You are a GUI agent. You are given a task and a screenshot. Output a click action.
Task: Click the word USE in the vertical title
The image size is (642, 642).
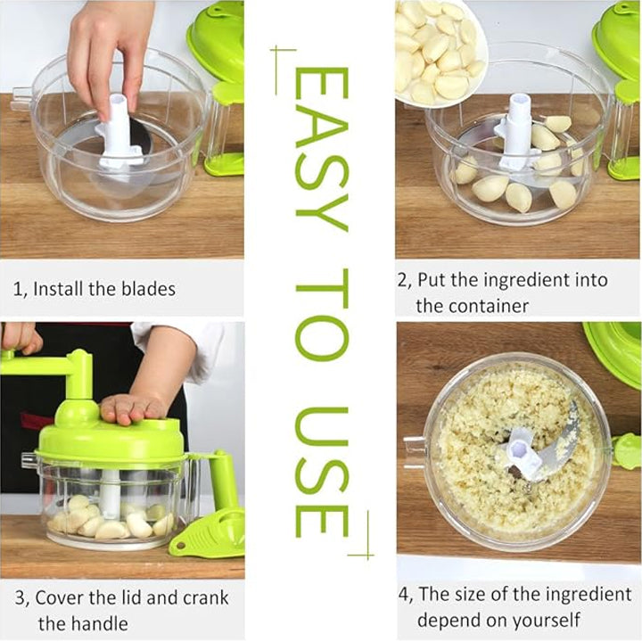321,473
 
